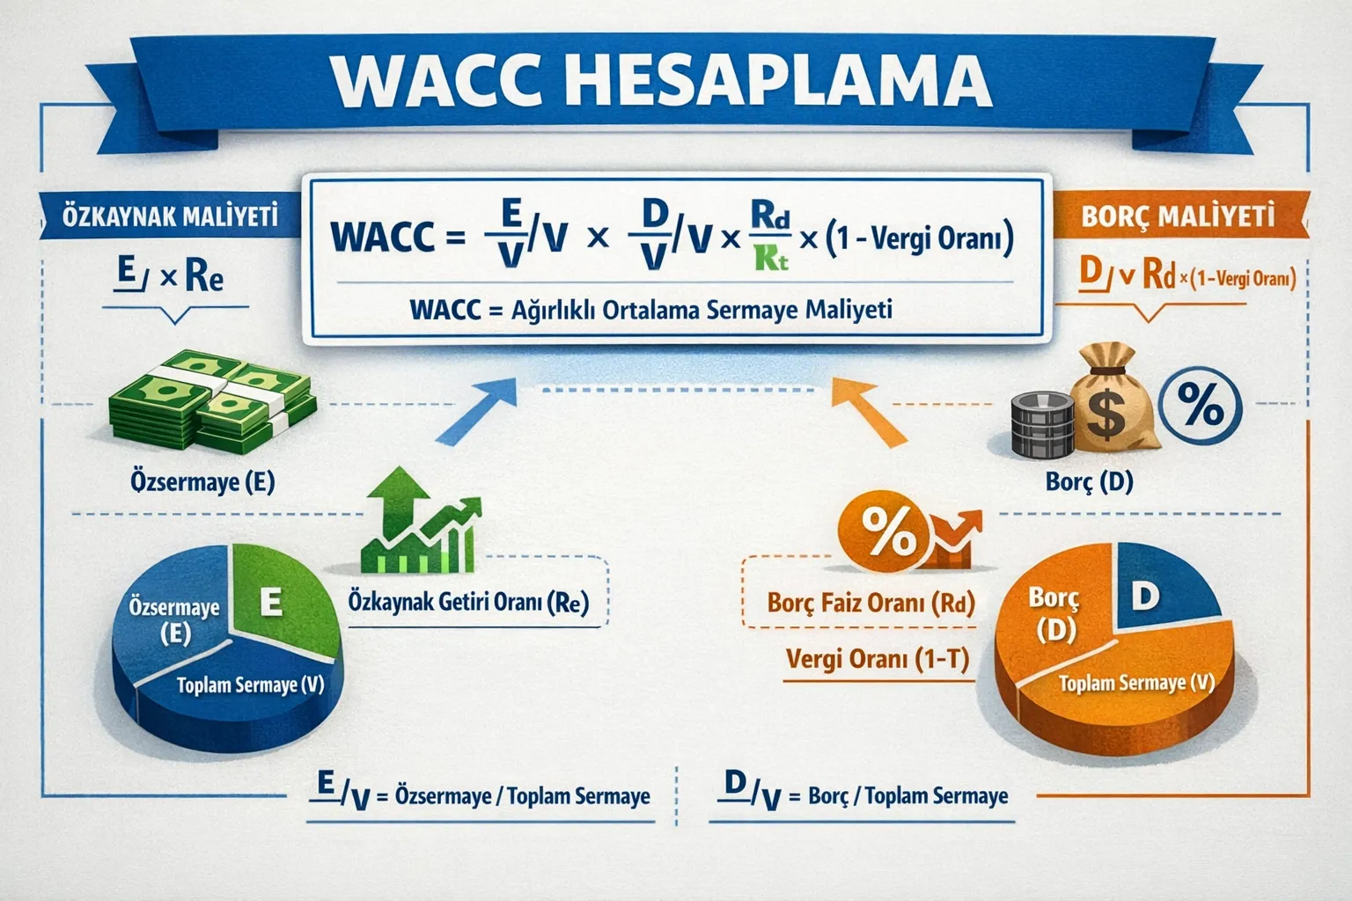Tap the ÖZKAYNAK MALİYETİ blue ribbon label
click(169, 215)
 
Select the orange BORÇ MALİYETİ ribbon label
click(1178, 216)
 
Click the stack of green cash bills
click(211, 400)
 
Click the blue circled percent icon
click(1201, 407)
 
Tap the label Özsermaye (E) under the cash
click(202, 482)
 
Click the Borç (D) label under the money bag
click(1089, 481)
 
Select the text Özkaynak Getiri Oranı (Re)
click(468, 603)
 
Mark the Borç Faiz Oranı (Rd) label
click(871, 604)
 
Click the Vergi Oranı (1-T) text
click(877, 659)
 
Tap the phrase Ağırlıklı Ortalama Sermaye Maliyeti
click(702, 310)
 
